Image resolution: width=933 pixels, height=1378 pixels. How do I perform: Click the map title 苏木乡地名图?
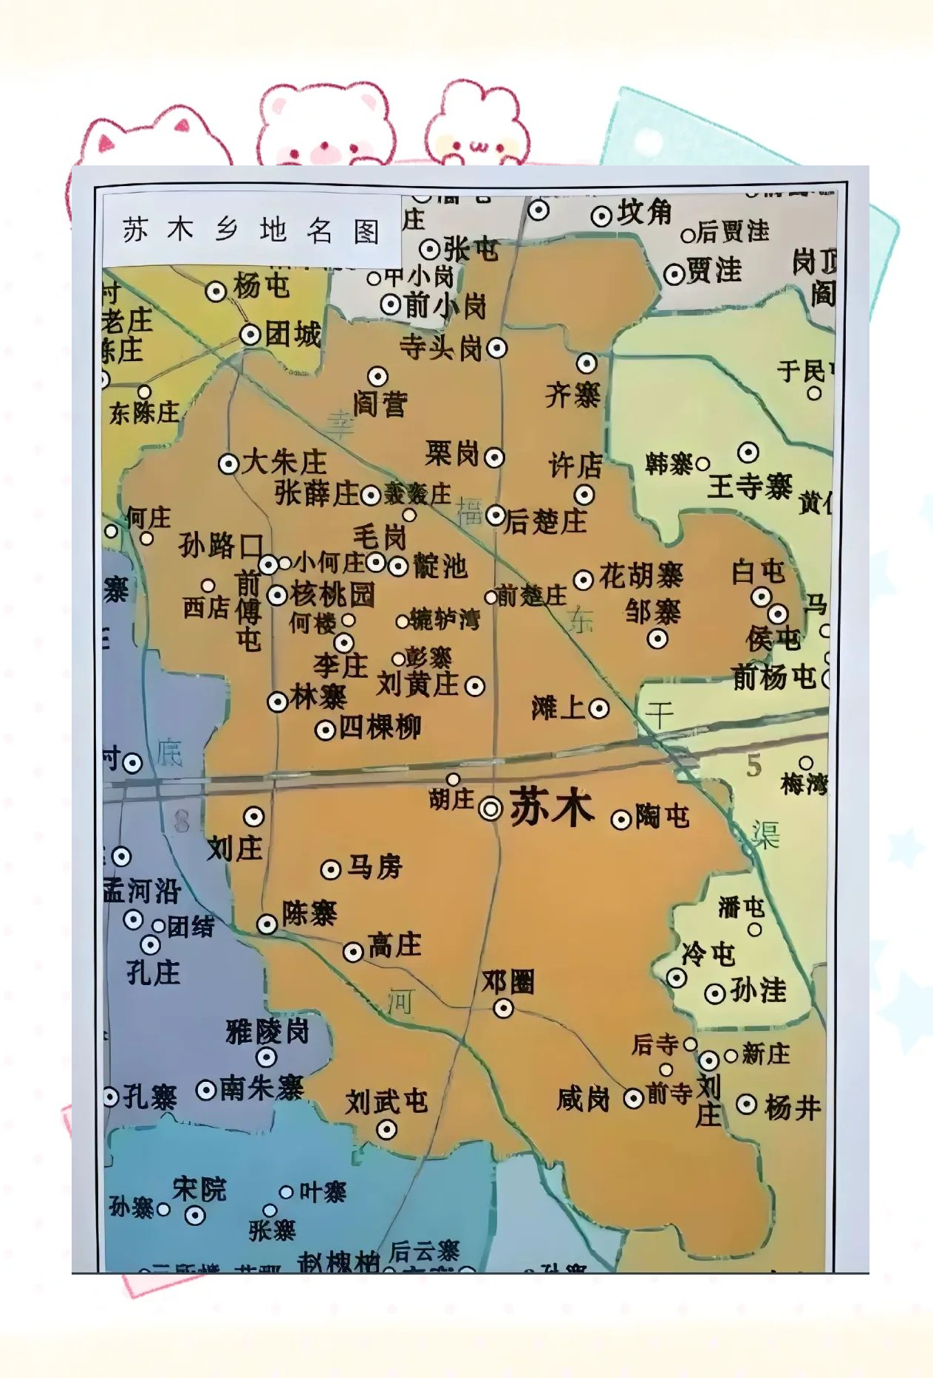251,230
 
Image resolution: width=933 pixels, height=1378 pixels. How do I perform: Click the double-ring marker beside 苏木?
491,809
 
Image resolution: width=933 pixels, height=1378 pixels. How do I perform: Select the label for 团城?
293,335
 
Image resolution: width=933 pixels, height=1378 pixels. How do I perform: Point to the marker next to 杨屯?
216,292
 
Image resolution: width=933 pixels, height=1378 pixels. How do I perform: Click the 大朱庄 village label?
284,463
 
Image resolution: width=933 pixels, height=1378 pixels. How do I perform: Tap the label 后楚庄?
546,521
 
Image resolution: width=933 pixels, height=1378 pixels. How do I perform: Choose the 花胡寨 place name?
641,575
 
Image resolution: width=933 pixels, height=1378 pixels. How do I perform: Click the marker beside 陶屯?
621,820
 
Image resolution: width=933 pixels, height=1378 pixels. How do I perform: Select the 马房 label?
375,866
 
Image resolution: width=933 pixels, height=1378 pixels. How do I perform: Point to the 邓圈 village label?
508,982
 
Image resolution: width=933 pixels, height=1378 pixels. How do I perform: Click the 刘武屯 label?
386,1102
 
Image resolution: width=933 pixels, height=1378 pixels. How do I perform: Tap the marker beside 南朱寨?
206,1090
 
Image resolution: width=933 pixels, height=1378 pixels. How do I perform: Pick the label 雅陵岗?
267,1031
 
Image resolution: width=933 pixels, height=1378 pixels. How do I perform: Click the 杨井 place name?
793,1107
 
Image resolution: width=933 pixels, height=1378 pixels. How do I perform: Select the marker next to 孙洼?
714,993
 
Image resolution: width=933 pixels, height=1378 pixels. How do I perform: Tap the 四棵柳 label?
380,727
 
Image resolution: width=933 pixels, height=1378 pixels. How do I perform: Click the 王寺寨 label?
749,487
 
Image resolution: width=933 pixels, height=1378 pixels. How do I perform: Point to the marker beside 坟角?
601,216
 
